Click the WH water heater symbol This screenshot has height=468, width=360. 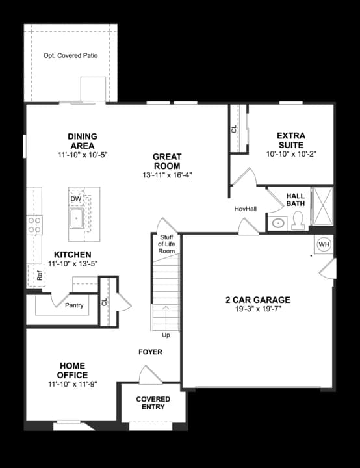[324, 244]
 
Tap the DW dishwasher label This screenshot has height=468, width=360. [76, 198]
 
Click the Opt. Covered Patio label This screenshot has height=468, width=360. [70, 56]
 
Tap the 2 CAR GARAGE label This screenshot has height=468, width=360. [257, 300]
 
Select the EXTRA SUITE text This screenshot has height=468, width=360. [290, 140]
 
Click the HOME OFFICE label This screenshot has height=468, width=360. [71, 370]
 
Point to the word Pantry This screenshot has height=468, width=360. [73, 305]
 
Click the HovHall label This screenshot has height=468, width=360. [245, 209]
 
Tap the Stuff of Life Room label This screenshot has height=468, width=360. [167, 244]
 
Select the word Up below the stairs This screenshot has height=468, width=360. [166, 335]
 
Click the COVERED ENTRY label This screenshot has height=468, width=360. [153, 403]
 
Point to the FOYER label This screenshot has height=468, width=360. [150, 352]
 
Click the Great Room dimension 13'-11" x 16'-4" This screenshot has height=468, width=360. [167, 175]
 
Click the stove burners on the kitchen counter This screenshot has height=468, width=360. [34, 225]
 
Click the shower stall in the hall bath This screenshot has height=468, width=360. [322, 206]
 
